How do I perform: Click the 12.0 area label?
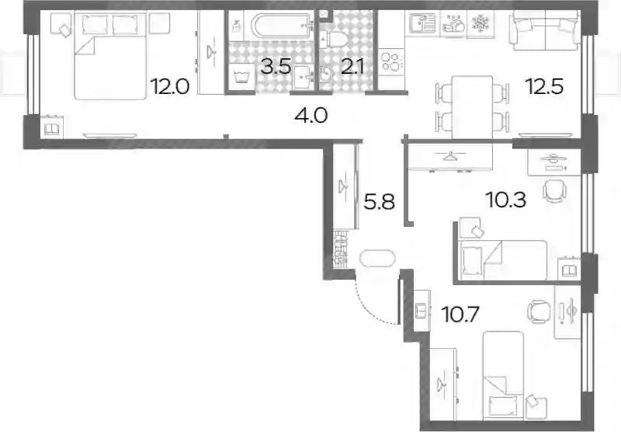(170, 86)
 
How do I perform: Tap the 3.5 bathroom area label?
(276, 67)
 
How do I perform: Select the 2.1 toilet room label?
(352, 67)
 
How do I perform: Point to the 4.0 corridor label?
(311, 115)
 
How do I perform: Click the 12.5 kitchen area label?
(544, 86)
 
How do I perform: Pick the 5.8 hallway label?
(380, 202)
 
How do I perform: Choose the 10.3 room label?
(506, 200)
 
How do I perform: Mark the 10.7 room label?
(460, 315)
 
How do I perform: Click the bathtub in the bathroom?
(283, 26)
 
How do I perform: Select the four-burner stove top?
(392, 61)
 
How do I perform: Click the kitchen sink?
(422, 23)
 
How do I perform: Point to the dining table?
(472, 107)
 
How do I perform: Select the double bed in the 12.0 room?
(110, 55)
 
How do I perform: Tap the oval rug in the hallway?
(377, 259)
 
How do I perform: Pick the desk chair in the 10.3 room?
(554, 190)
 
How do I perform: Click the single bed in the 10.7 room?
(503, 375)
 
